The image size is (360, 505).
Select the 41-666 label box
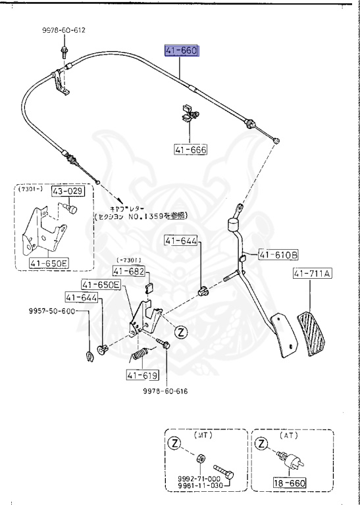(190, 150)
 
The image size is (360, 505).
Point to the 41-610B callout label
(278, 254)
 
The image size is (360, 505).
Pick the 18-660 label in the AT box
(291, 483)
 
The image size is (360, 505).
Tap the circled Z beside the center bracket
(181, 333)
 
